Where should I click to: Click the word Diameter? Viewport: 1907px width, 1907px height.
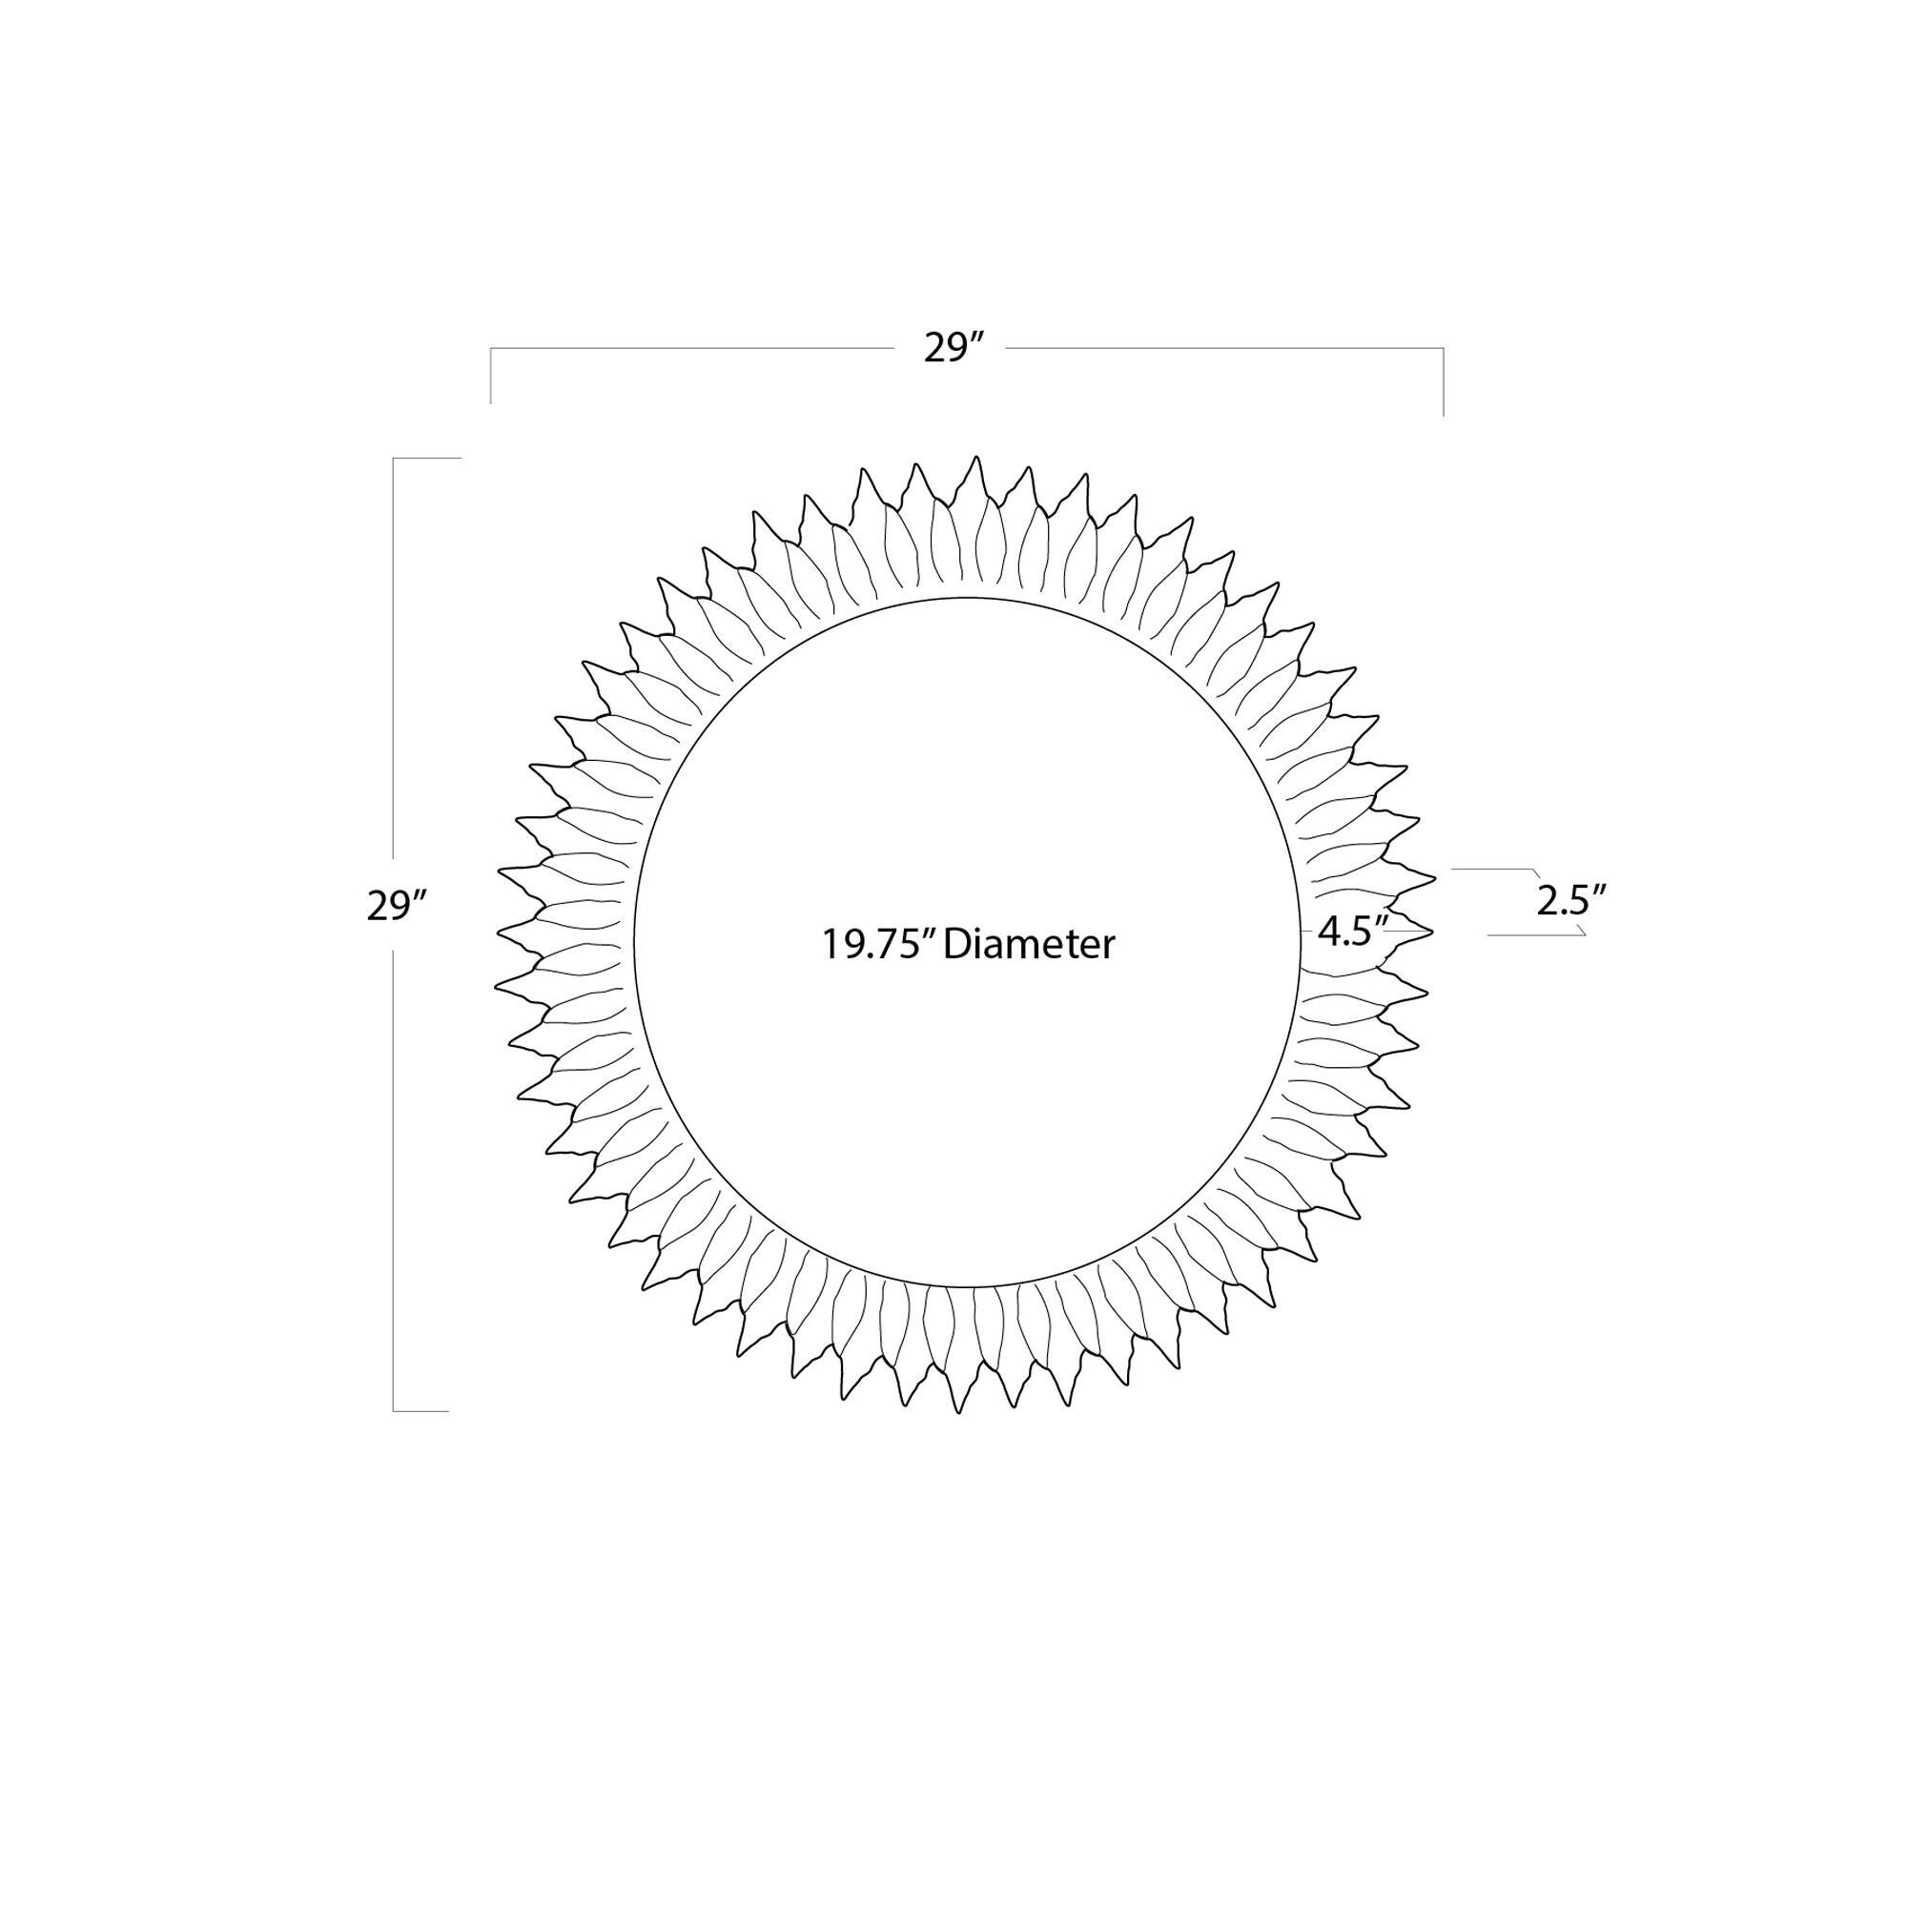point(1030,945)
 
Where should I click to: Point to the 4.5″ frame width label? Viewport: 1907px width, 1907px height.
point(1353,931)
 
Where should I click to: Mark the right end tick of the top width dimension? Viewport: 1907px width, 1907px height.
point(1444,382)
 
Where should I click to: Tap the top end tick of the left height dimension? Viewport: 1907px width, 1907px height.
point(427,458)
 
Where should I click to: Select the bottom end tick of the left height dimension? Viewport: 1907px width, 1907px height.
point(420,1411)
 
